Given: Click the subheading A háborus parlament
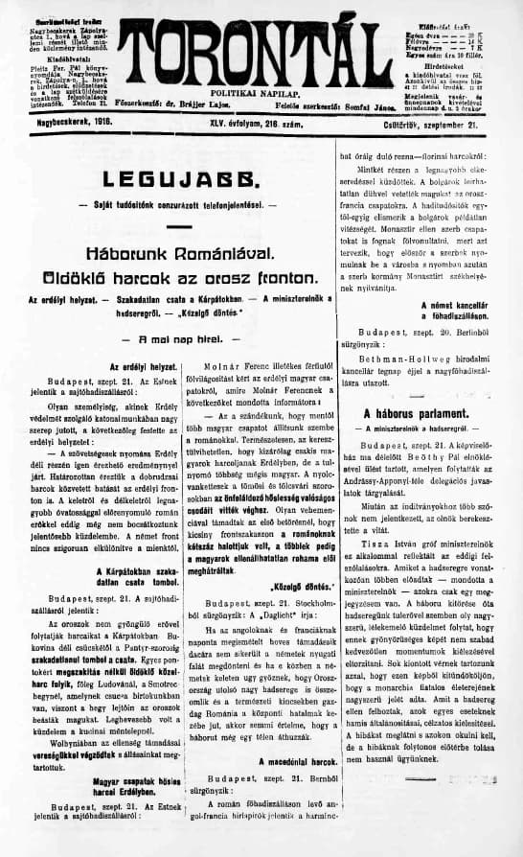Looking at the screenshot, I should pos(421,413).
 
